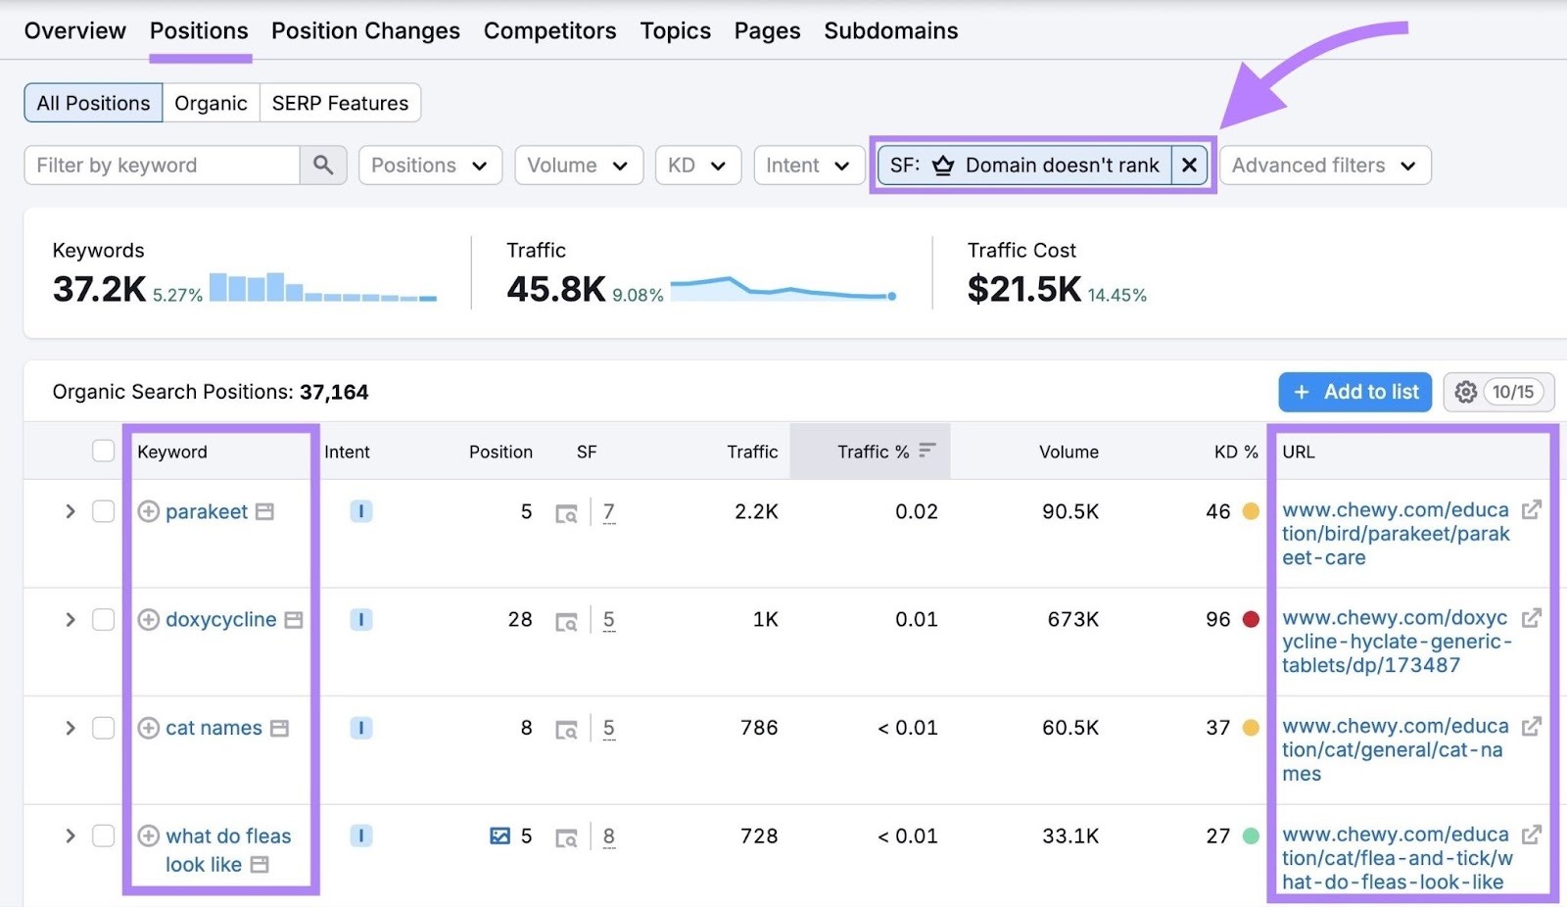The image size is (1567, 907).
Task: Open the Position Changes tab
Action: tap(365, 31)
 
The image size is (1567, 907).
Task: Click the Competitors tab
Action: tap(549, 31)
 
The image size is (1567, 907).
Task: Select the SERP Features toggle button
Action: tap(340, 103)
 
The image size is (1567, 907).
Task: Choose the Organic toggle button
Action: tap(211, 103)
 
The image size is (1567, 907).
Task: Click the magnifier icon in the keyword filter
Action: tap(323, 166)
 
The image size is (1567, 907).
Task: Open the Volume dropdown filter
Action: tap(577, 166)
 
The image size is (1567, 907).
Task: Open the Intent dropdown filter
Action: tap(808, 166)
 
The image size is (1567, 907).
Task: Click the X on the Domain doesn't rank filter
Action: tap(1189, 166)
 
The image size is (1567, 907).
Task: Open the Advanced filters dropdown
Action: tap(1324, 166)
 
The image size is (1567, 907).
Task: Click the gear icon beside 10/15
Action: tap(1465, 392)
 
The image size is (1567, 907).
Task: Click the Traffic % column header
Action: tap(873, 452)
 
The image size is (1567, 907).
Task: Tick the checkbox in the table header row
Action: tap(103, 451)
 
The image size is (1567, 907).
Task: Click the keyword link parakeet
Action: tap(207, 511)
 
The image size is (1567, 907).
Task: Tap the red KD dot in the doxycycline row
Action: tap(1251, 619)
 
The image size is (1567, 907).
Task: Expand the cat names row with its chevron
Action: tap(70, 728)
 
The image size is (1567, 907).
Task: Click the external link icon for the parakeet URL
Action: tap(1531, 509)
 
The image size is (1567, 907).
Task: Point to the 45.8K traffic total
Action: tap(555, 289)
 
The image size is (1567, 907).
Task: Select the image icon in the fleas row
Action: tap(499, 835)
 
